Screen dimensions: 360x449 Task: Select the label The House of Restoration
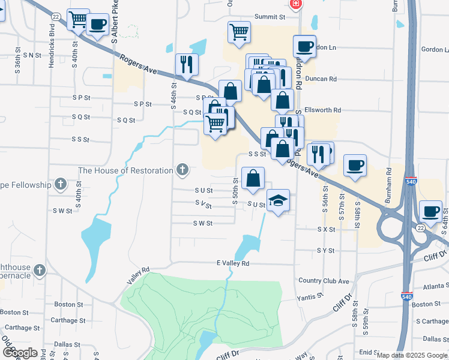tap(125, 170)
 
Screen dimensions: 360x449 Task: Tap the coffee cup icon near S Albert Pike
tap(97, 25)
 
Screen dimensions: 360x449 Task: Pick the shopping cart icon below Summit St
tap(239, 32)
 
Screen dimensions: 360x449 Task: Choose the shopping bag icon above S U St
tap(253, 178)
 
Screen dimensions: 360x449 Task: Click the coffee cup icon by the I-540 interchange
tap(432, 211)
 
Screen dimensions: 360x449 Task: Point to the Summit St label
tap(269, 17)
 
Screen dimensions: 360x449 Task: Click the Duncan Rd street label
tap(321, 79)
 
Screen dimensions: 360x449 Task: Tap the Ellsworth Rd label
tap(322, 110)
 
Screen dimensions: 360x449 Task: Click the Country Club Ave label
tap(324, 281)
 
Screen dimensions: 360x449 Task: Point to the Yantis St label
tap(310, 296)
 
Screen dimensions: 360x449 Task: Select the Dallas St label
tap(67, 344)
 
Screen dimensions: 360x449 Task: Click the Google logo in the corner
tap(20, 352)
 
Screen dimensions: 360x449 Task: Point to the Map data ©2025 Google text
tap(411, 355)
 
